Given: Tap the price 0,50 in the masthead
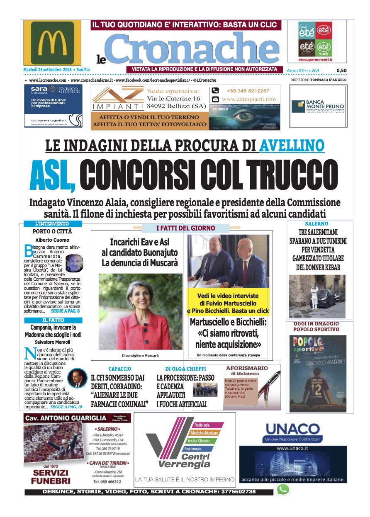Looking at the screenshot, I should click(341, 70).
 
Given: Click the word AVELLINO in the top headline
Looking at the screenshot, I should click(292, 145).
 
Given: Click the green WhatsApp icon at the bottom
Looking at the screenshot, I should click(283, 490).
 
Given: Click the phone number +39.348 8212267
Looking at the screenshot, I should click(248, 91).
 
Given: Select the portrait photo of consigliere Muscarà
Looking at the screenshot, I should click(140, 311).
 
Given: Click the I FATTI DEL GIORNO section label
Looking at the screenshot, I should click(185, 228).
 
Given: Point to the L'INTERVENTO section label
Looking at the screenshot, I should click(52, 224).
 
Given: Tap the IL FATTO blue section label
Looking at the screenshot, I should click(53, 320).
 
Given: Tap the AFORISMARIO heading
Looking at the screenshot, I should click(247, 368).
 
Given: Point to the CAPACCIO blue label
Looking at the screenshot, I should click(120, 369).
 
